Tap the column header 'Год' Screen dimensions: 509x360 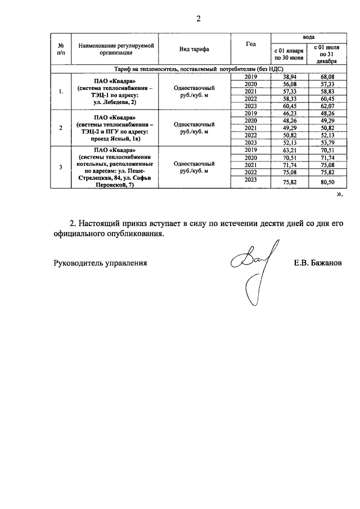click(251, 43)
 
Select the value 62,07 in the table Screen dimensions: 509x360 click(327, 106)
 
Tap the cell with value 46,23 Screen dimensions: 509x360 click(289, 113)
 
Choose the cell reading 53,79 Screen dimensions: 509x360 click(327, 143)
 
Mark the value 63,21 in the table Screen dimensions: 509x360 click(289, 150)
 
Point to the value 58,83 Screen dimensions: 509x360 click(327, 91)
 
